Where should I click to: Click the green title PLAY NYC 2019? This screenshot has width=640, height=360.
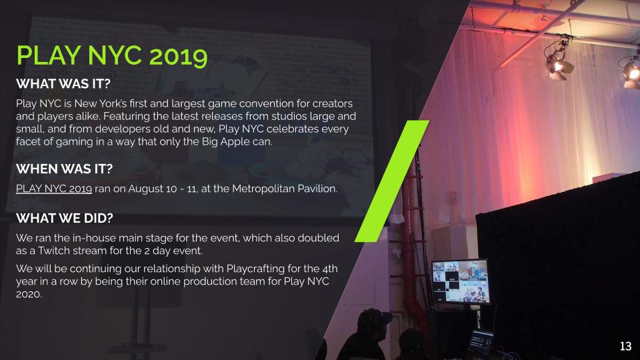coord(112,55)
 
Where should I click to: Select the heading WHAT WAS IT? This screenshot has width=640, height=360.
coord(63,84)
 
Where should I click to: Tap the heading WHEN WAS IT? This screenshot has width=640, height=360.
coord(64,169)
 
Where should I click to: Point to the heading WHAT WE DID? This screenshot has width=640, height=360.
coord(65,218)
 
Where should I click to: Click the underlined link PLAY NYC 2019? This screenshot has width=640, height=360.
coord(54,189)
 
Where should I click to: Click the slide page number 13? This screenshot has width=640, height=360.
coord(626,346)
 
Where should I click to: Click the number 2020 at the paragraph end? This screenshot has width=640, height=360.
coord(29,294)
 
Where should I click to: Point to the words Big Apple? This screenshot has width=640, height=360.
coord(225,141)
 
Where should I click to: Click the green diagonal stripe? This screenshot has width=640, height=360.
coord(392,181)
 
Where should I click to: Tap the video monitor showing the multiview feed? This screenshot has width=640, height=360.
coord(461,281)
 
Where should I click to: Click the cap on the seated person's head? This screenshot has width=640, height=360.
coord(373,317)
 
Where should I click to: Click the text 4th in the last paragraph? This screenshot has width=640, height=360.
coord(330,269)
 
